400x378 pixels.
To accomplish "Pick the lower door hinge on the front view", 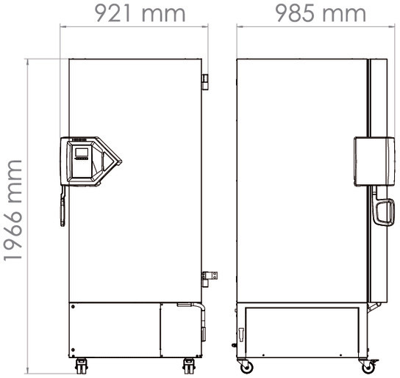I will (207, 276).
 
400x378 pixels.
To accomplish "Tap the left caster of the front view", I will (80, 365).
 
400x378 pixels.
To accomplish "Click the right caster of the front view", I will (189, 365).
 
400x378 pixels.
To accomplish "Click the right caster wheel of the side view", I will (368, 366).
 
